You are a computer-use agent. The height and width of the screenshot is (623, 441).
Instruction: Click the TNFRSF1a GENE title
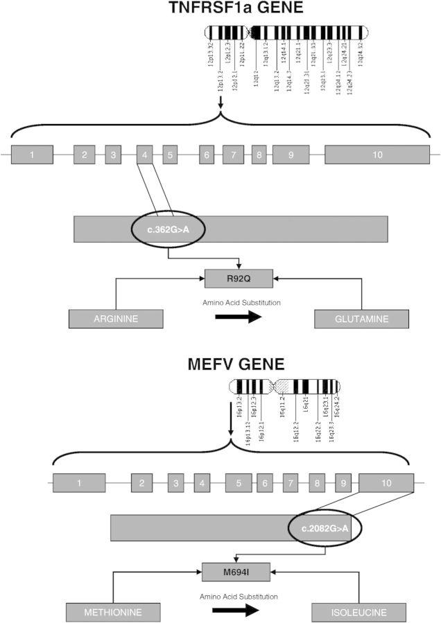pyautogui.click(x=220, y=9)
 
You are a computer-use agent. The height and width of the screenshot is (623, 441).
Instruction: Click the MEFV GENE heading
pyautogui.click(x=220, y=365)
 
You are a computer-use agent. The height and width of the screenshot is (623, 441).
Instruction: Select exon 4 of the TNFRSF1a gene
pyautogui.click(x=144, y=155)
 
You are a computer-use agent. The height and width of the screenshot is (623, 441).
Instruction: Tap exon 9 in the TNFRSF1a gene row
pyautogui.click(x=291, y=155)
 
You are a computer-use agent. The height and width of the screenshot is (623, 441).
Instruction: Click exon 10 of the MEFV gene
pyautogui.click(x=386, y=482)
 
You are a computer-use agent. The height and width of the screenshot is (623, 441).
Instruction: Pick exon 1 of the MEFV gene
pyautogui.click(x=79, y=482)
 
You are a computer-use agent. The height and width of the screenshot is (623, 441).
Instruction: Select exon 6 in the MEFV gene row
pyautogui.click(x=263, y=482)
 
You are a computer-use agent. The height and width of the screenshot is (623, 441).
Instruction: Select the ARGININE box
pyautogui.click(x=116, y=319)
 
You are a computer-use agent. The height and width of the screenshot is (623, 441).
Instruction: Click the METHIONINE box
pyautogui.click(x=113, y=613)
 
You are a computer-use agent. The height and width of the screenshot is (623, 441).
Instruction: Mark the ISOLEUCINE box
pyautogui.click(x=358, y=613)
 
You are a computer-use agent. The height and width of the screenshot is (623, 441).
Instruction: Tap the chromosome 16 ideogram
pyautogui.click(x=286, y=385)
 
